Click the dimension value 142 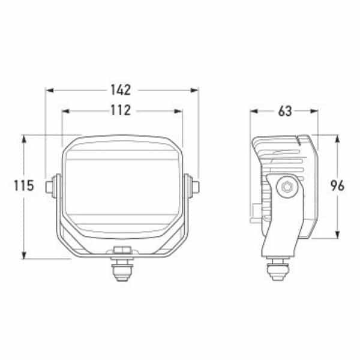(121, 90)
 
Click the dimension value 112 (121, 110)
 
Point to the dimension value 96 (337, 185)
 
